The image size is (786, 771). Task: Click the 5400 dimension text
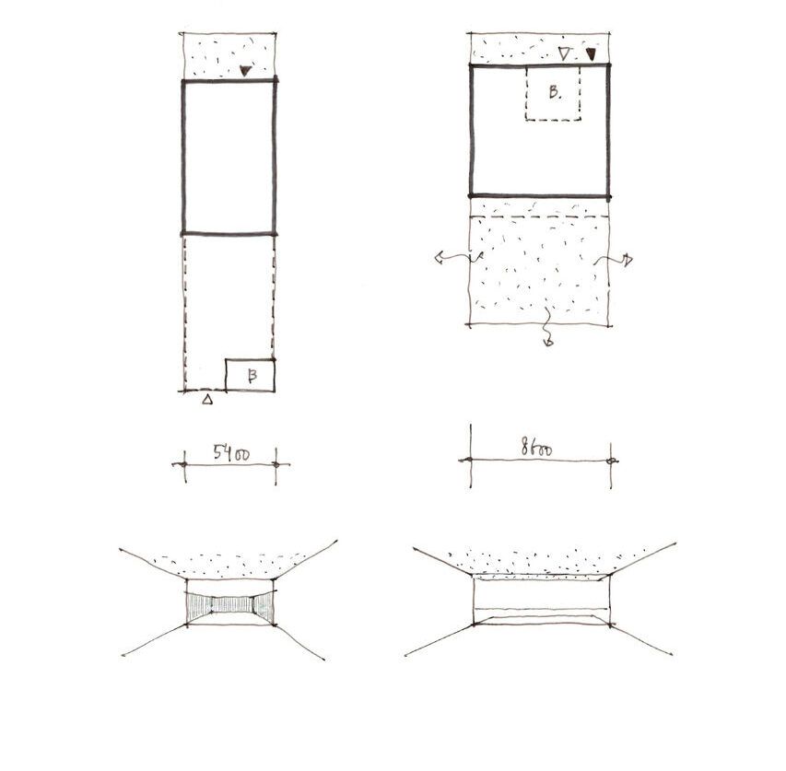pyautogui.click(x=231, y=453)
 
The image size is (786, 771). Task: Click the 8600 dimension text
pyautogui.click(x=536, y=447)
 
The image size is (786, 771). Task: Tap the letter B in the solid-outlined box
pyautogui.click(x=252, y=375)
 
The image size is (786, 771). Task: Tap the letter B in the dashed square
pyautogui.click(x=554, y=92)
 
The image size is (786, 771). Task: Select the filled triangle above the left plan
pyautogui.click(x=244, y=71)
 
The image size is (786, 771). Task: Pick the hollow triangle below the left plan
pyautogui.click(x=207, y=399)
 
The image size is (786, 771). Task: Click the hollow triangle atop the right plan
pyautogui.click(x=565, y=53)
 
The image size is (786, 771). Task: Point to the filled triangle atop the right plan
pyautogui.click(x=592, y=54)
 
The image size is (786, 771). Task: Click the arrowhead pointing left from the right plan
pyautogui.click(x=440, y=259)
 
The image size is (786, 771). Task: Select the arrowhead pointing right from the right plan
pyautogui.click(x=628, y=260)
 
